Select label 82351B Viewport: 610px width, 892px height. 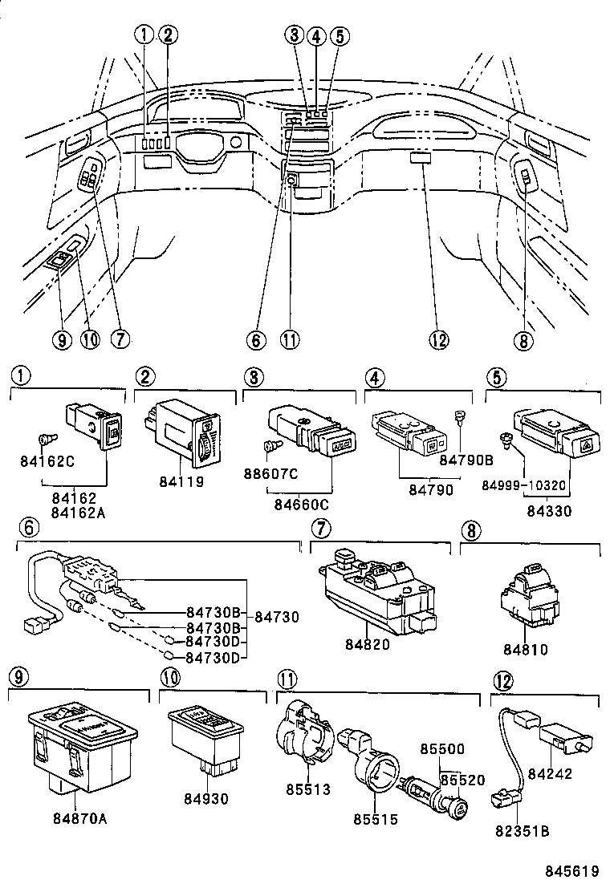pos(522,831)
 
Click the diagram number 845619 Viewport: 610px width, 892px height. pos(573,872)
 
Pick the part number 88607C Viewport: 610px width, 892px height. pos(271,474)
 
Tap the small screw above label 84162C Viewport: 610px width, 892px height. pos(46,439)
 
